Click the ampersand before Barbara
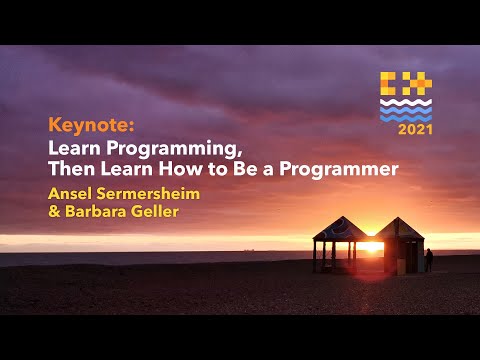click(53, 211)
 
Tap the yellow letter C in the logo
click(392, 84)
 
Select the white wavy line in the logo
click(406, 104)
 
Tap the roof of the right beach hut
click(401, 228)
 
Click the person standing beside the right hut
click(429, 260)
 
